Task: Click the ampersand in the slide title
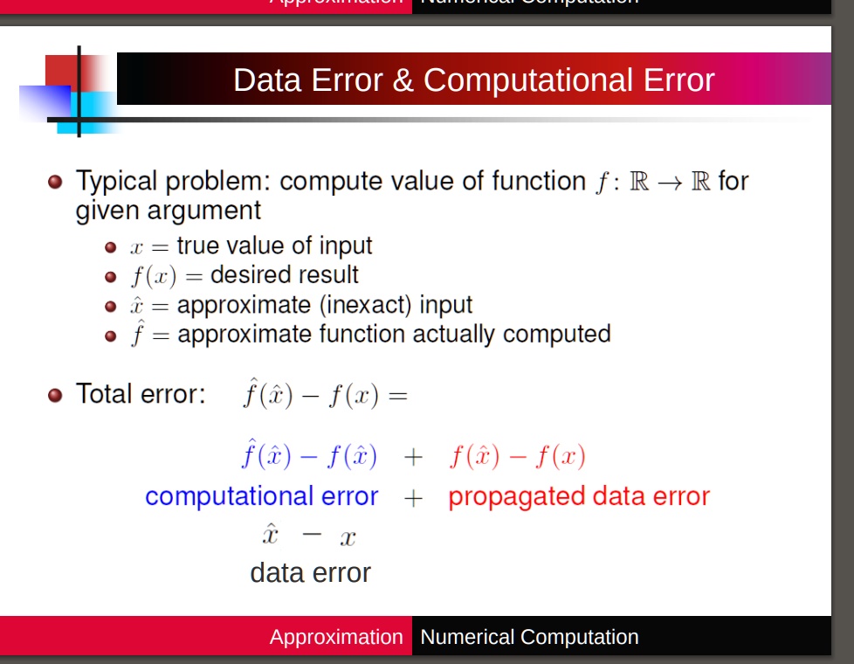point(403,80)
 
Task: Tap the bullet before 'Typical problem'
point(56,183)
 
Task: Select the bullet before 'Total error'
point(56,395)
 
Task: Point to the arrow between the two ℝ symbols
point(669,183)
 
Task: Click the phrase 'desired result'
point(285,275)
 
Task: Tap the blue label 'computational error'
point(261,496)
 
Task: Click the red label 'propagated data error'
point(578,496)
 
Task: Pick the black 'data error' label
point(310,573)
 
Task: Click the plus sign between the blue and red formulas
point(413,457)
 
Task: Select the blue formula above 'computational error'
point(308,455)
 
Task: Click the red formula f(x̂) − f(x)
point(517,456)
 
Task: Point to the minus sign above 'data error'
point(312,536)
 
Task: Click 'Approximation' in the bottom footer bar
point(336,637)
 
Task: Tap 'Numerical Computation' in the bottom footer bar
point(529,637)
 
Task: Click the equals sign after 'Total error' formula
point(397,396)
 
